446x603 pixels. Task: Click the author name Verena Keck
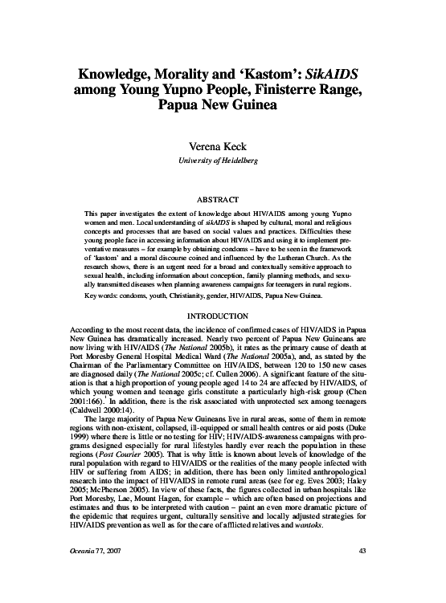pos(222,148)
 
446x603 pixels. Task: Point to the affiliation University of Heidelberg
pos(222,161)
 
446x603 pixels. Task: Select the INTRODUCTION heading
pos(222,316)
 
